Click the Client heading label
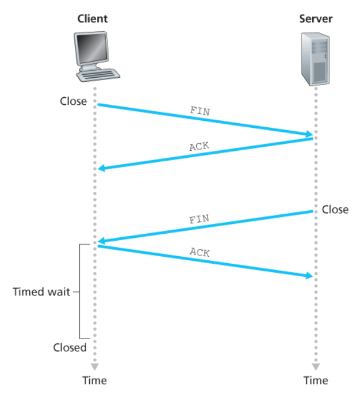[93, 18]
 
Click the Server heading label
[316, 18]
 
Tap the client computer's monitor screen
[91, 48]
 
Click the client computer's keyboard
[98, 75]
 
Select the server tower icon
[315, 59]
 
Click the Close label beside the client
[73, 101]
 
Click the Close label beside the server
[335, 210]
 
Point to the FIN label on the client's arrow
[200, 111]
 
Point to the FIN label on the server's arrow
[200, 219]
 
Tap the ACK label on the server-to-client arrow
[200, 146]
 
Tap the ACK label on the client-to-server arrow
[200, 252]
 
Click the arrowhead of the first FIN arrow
[309, 134]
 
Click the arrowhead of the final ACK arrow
[309, 275]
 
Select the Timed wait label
[41, 292]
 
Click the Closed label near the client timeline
[70, 347]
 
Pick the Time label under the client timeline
[94, 381]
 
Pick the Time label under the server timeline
[316, 381]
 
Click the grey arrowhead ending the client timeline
[95, 367]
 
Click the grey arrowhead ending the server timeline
[316, 367]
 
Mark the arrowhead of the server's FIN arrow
[102, 241]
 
